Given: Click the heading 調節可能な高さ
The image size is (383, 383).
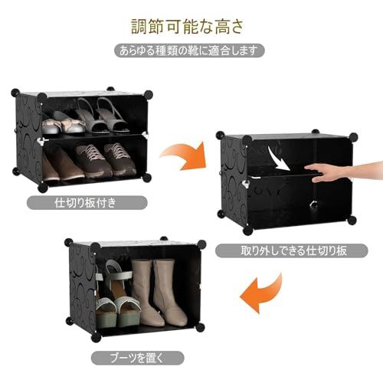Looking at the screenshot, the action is click(x=188, y=26).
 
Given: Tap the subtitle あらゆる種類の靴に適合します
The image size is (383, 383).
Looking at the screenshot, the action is click(x=188, y=51).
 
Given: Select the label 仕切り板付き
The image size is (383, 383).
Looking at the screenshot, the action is click(x=85, y=203).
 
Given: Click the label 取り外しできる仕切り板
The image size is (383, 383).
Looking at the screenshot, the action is click(x=293, y=250).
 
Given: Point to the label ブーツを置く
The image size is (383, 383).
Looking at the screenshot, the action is click(x=136, y=358).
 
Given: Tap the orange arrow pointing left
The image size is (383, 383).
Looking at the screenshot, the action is click(x=260, y=293).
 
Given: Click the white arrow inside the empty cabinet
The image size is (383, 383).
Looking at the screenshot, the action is click(x=280, y=159).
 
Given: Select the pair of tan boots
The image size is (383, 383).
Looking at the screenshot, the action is click(x=159, y=293).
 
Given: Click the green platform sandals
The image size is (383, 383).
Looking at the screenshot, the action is click(x=117, y=296).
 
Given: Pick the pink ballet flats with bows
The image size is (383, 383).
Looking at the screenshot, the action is click(x=64, y=125).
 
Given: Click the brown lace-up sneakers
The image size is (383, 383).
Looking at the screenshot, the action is click(x=106, y=159).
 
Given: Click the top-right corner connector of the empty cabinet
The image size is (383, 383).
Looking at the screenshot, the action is click(x=353, y=137).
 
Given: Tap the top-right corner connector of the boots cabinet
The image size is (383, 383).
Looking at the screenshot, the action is click(x=201, y=244).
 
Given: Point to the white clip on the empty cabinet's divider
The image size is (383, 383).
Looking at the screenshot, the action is click(x=247, y=183).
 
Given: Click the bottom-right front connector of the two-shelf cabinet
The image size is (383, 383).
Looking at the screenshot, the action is click(x=146, y=178).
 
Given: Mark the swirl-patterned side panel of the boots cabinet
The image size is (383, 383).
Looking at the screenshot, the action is click(x=83, y=287).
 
